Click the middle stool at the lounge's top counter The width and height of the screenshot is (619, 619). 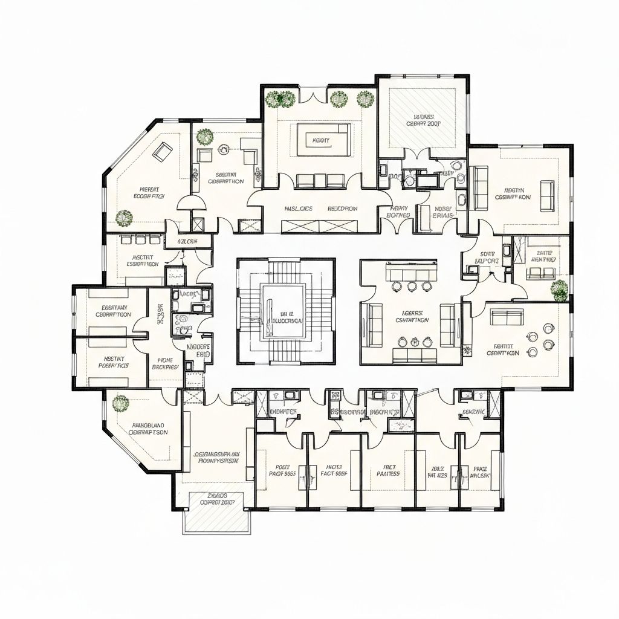[413, 286]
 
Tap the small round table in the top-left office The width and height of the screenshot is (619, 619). [225, 147]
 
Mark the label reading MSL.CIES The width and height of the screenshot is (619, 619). [298, 209]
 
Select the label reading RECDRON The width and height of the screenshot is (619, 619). [343, 209]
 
